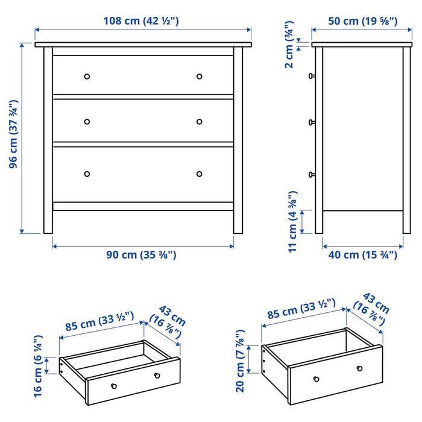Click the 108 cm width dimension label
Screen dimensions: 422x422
point(142,21)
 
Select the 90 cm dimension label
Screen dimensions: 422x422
point(142,254)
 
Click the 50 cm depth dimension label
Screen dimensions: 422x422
point(362,21)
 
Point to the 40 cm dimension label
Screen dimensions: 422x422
point(362,254)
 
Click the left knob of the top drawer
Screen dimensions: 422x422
point(87,77)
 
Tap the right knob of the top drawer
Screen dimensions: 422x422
point(200,77)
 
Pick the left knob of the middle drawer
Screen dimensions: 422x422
point(87,121)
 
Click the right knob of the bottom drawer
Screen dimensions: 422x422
point(200,174)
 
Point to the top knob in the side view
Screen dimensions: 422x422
point(312,76)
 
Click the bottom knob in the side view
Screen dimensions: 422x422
point(312,175)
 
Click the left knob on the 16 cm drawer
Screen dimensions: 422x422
point(113,385)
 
